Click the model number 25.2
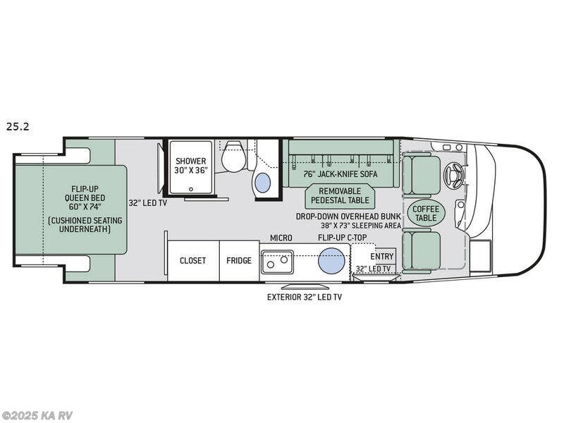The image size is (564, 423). point(18,127)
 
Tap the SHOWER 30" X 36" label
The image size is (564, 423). point(190,166)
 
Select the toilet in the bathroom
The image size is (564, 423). point(233,159)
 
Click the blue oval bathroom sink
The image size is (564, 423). point(262,183)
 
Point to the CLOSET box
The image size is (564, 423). point(192,260)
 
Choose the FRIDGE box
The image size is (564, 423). point(239,260)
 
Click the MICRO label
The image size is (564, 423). point(281,238)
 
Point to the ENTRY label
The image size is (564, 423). point(382,256)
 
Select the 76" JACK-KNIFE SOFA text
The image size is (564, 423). point(341,174)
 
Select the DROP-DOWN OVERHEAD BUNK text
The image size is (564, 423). point(348,216)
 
